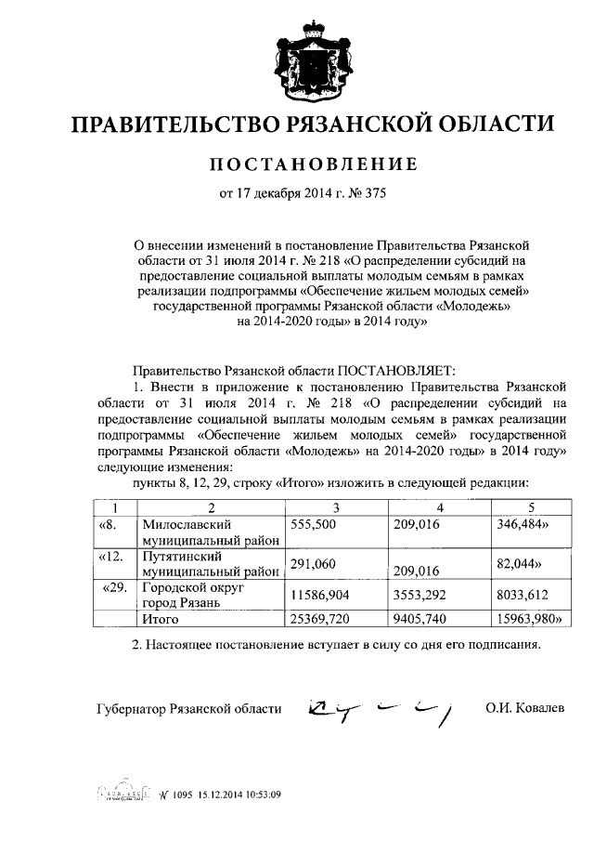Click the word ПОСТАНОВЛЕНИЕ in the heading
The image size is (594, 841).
tap(296, 164)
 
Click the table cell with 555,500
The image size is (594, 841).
tap(313, 525)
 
